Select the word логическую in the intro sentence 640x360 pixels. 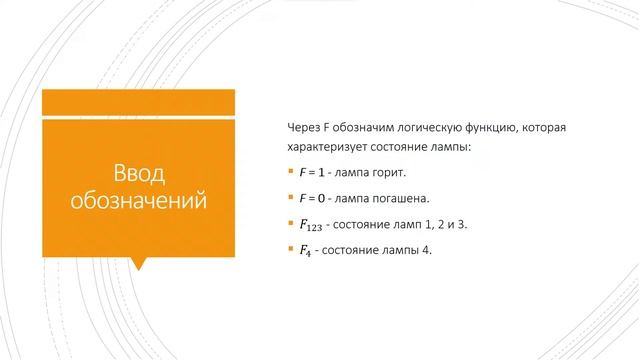point(423,129)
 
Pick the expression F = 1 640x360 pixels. point(315,173)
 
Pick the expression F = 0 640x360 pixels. point(315,198)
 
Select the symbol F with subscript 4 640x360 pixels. point(306,250)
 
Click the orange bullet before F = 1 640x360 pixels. point(289,172)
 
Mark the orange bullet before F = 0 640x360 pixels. point(289,197)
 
